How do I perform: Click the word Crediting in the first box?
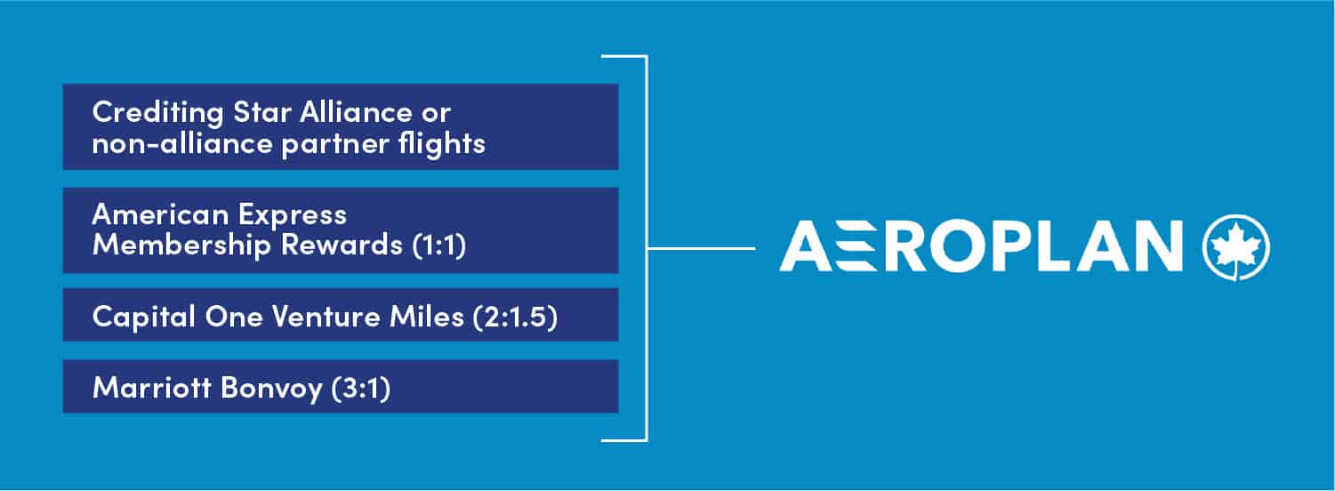[x=158, y=113]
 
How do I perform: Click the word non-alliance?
[x=182, y=143]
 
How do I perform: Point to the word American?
[x=161, y=213]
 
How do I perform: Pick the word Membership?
[x=181, y=245]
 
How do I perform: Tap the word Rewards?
[x=342, y=245]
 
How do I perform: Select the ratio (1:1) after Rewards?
[x=439, y=245]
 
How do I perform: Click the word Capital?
[x=144, y=317]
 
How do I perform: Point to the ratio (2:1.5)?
[x=516, y=317]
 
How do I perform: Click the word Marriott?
[x=152, y=388]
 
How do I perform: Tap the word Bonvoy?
[x=271, y=389]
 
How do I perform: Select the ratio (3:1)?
[x=361, y=389]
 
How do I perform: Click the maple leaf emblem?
[x=1236, y=246]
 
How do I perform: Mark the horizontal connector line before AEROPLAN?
[x=702, y=248]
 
